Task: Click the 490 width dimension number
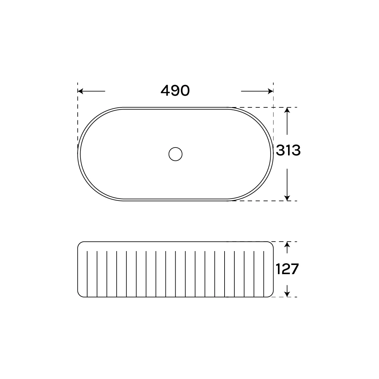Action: point(175,91)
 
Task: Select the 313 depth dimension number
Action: point(288,150)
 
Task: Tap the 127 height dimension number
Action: point(287,269)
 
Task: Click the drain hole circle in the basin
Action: point(175,154)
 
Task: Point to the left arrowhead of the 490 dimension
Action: point(80,91)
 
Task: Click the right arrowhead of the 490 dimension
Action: point(270,91)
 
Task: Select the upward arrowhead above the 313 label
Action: point(287,110)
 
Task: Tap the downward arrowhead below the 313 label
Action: point(287,198)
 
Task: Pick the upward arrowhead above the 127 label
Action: point(287,244)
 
